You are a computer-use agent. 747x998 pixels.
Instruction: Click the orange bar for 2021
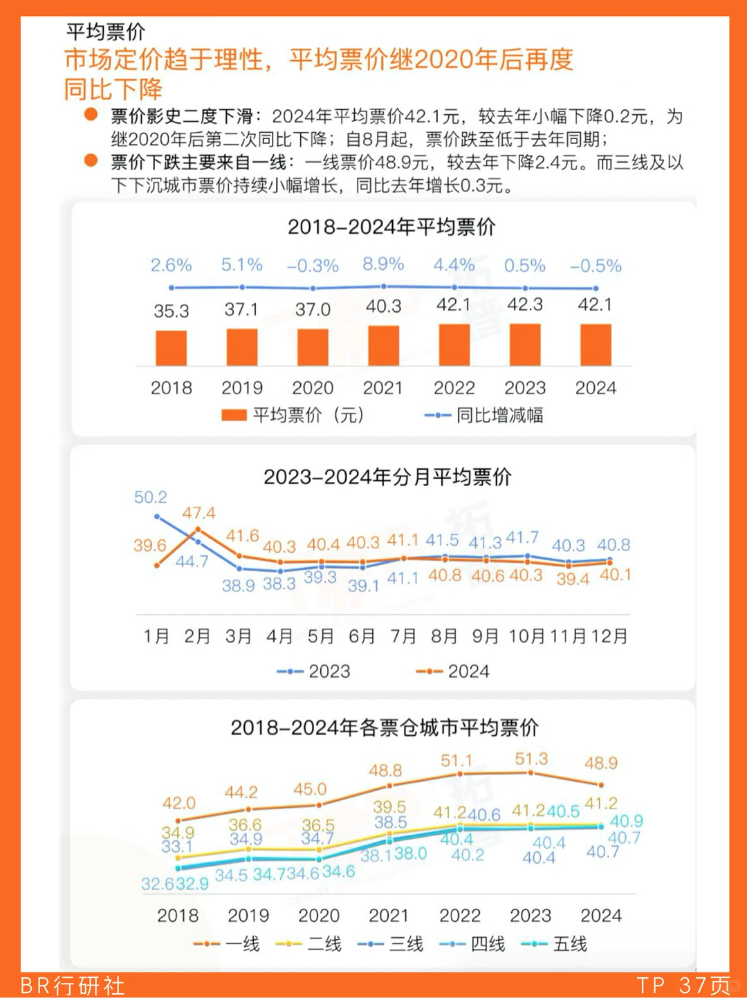(383, 345)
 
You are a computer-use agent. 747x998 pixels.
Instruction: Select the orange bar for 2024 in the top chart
(596, 344)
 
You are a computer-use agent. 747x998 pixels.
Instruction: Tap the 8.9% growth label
(383, 264)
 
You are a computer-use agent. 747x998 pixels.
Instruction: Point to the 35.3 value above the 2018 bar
(172, 311)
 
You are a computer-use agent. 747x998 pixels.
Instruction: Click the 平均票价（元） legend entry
(292, 415)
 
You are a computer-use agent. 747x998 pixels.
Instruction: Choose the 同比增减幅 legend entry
(484, 415)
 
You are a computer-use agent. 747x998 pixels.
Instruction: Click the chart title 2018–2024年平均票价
(391, 227)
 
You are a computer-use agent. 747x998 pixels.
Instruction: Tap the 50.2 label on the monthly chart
(151, 497)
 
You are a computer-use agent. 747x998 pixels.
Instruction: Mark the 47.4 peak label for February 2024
(199, 513)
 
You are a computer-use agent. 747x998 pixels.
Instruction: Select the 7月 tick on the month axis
(403, 636)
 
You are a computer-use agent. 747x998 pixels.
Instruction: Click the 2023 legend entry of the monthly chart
(314, 672)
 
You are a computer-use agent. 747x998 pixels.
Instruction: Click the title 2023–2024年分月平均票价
(387, 477)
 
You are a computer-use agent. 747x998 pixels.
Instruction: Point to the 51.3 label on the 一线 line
(531, 759)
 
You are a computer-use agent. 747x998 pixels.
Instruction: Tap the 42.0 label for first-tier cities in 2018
(179, 803)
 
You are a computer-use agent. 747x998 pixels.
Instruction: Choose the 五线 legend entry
(554, 944)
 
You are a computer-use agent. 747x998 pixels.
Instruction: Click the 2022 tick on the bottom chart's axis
(460, 916)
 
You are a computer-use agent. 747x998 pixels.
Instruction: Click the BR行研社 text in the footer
(73, 986)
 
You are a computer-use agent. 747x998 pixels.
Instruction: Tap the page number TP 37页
(683, 986)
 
